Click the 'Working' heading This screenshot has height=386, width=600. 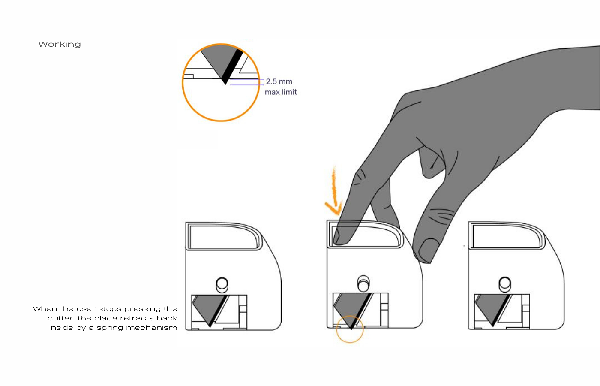click(60, 45)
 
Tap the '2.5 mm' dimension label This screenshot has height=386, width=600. click(279, 81)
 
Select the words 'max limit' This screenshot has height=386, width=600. click(281, 92)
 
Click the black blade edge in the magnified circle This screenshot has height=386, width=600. click(232, 67)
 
